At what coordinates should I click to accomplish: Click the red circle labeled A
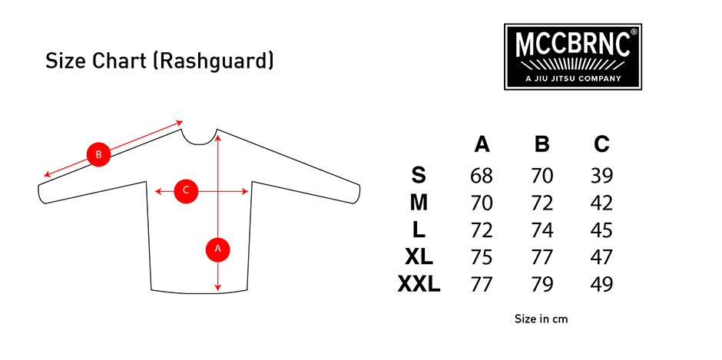[x=218, y=249]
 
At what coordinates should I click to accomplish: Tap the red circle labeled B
[x=98, y=154]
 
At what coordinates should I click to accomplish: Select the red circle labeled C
[x=186, y=190]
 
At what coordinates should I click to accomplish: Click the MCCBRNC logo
[x=573, y=57]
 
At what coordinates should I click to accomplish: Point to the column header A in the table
[x=482, y=145]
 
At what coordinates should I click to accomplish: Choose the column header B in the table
[x=542, y=145]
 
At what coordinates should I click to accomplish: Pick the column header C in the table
[x=601, y=145]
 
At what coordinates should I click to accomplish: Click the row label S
[x=418, y=176]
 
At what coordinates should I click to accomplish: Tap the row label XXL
[x=419, y=285]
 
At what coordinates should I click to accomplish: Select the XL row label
[x=419, y=257]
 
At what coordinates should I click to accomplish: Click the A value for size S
[x=482, y=176]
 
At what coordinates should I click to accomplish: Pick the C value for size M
[x=601, y=203]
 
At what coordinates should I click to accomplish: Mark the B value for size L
[x=542, y=230]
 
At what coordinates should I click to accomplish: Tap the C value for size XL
[x=601, y=257]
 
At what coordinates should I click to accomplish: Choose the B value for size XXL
[x=542, y=285]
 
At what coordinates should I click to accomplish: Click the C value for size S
[x=601, y=176]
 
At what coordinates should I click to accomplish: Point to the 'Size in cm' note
[x=541, y=319]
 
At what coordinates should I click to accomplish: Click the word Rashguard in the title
[x=214, y=61]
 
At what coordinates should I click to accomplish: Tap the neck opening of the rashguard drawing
[x=199, y=137]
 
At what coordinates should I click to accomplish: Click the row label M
[x=419, y=203]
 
